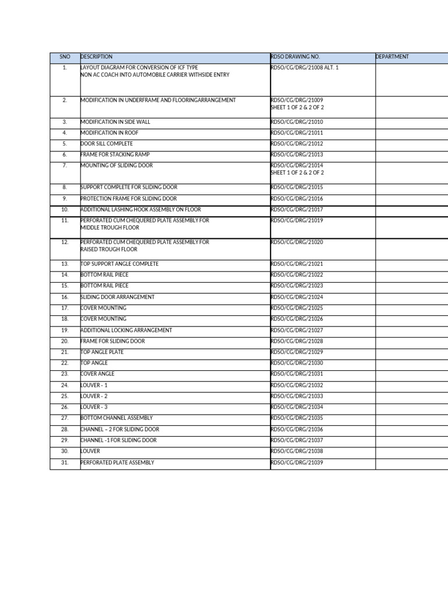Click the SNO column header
(x=65, y=57)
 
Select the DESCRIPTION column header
(x=96, y=57)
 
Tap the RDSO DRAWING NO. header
(x=295, y=57)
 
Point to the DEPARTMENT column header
(x=393, y=57)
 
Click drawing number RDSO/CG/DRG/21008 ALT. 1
(x=304, y=68)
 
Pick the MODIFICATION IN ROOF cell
(x=109, y=133)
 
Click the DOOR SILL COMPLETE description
(x=107, y=144)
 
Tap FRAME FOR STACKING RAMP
(x=115, y=155)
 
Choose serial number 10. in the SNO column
(x=65, y=209)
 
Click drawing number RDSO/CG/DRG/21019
(x=297, y=220)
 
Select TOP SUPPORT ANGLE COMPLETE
(x=120, y=264)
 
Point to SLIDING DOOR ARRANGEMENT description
(x=117, y=297)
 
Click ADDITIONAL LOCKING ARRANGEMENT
(x=126, y=330)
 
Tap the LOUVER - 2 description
(x=94, y=396)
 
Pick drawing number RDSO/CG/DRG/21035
(x=297, y=418)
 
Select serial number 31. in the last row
(x=65, y=463)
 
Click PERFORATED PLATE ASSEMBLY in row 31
(x=117, y=463)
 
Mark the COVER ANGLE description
(x=97, y=374)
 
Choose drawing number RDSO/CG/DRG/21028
(x=297, y=341)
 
